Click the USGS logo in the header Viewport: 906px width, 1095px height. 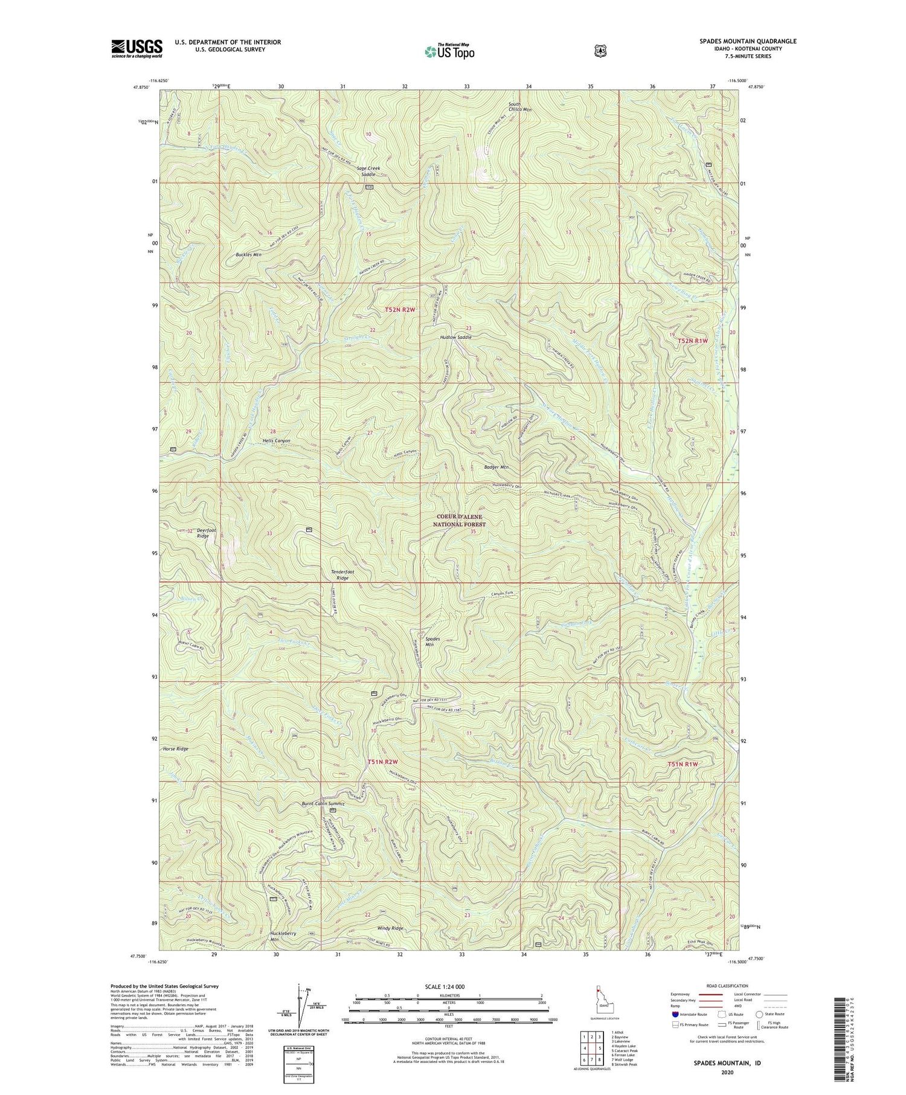[137, 48]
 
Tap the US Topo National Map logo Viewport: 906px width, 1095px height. [449, 51]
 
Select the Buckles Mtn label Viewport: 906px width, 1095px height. [248, 255]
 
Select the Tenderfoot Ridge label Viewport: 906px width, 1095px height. [342, 574]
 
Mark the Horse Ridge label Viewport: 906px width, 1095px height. [175, 748]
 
